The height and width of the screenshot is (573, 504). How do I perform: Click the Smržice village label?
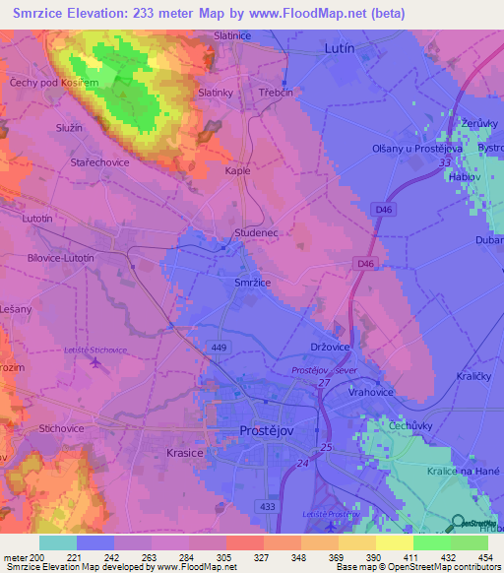click(252, 282)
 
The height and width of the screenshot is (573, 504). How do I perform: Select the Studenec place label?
click(260, 232)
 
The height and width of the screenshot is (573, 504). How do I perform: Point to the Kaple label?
click(238, 170)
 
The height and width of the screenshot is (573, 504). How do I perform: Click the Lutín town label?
click(340, 46)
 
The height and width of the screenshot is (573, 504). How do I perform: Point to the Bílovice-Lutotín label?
click(61, 257)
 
